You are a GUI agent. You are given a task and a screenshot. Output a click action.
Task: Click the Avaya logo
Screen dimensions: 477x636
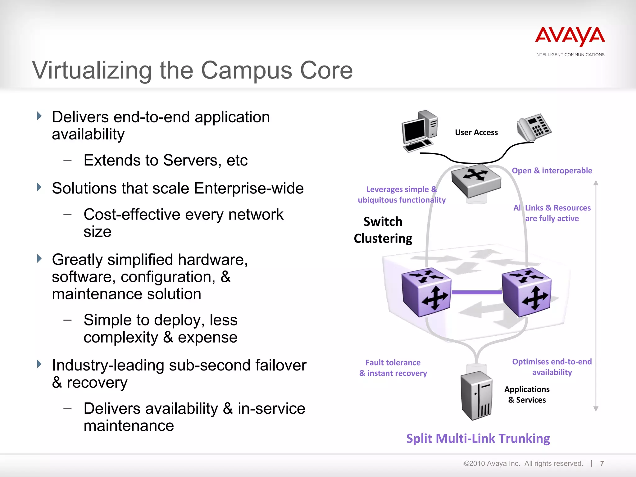[x=570, y=37]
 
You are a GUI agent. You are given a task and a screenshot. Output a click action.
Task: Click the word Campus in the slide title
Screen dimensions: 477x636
[x=247, y=70]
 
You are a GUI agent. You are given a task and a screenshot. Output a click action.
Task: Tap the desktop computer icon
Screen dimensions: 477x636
[x=420, y=131]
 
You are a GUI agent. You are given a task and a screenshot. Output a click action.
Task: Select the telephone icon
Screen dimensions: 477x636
[x=534, y=128]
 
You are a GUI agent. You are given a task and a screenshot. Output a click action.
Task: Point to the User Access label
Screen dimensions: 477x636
[x=476, y=133]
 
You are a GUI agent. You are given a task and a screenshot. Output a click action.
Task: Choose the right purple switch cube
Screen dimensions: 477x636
[x=526, y=292]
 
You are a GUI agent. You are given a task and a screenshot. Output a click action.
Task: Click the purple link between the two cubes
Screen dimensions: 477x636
[x=476, y=292]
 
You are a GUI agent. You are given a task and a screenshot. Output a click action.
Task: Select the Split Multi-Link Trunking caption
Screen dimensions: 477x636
[x=478, y=438]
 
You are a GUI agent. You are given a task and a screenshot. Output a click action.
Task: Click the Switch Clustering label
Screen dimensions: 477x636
[x=383, y=230]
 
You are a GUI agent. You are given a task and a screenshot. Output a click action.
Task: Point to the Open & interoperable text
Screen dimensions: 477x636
[x=552, y=170]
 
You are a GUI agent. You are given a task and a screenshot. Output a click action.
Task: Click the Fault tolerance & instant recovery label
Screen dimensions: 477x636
[x=393, y=368]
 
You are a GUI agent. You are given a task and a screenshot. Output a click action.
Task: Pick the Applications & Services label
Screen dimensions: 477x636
[x=527, y=395]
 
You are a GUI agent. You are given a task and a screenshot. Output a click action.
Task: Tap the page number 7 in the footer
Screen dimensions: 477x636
[x=602, y=463]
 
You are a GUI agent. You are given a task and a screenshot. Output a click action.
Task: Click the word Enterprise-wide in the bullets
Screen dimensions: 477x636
[x=249, y=188]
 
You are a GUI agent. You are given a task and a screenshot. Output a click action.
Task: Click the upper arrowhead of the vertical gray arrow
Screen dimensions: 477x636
[x=596, y=183]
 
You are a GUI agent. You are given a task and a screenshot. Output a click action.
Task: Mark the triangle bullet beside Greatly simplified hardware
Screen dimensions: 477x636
[x=39, y=258]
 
